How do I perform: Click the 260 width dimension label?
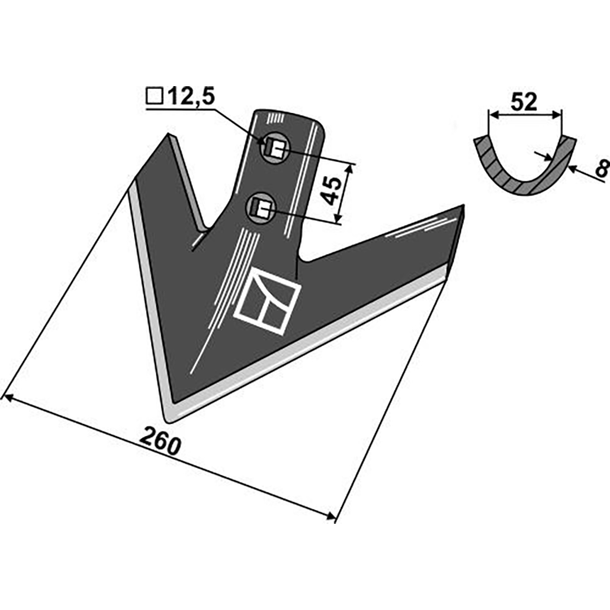click(161, 441)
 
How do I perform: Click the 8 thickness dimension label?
click(601, 168)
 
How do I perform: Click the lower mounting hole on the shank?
click(261, 207)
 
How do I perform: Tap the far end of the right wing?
click(462, 207)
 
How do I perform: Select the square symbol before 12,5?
click(153, 97)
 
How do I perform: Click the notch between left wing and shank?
click(203, 230)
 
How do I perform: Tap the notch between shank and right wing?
click(303, 259)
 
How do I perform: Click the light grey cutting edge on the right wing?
click(320, 347)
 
